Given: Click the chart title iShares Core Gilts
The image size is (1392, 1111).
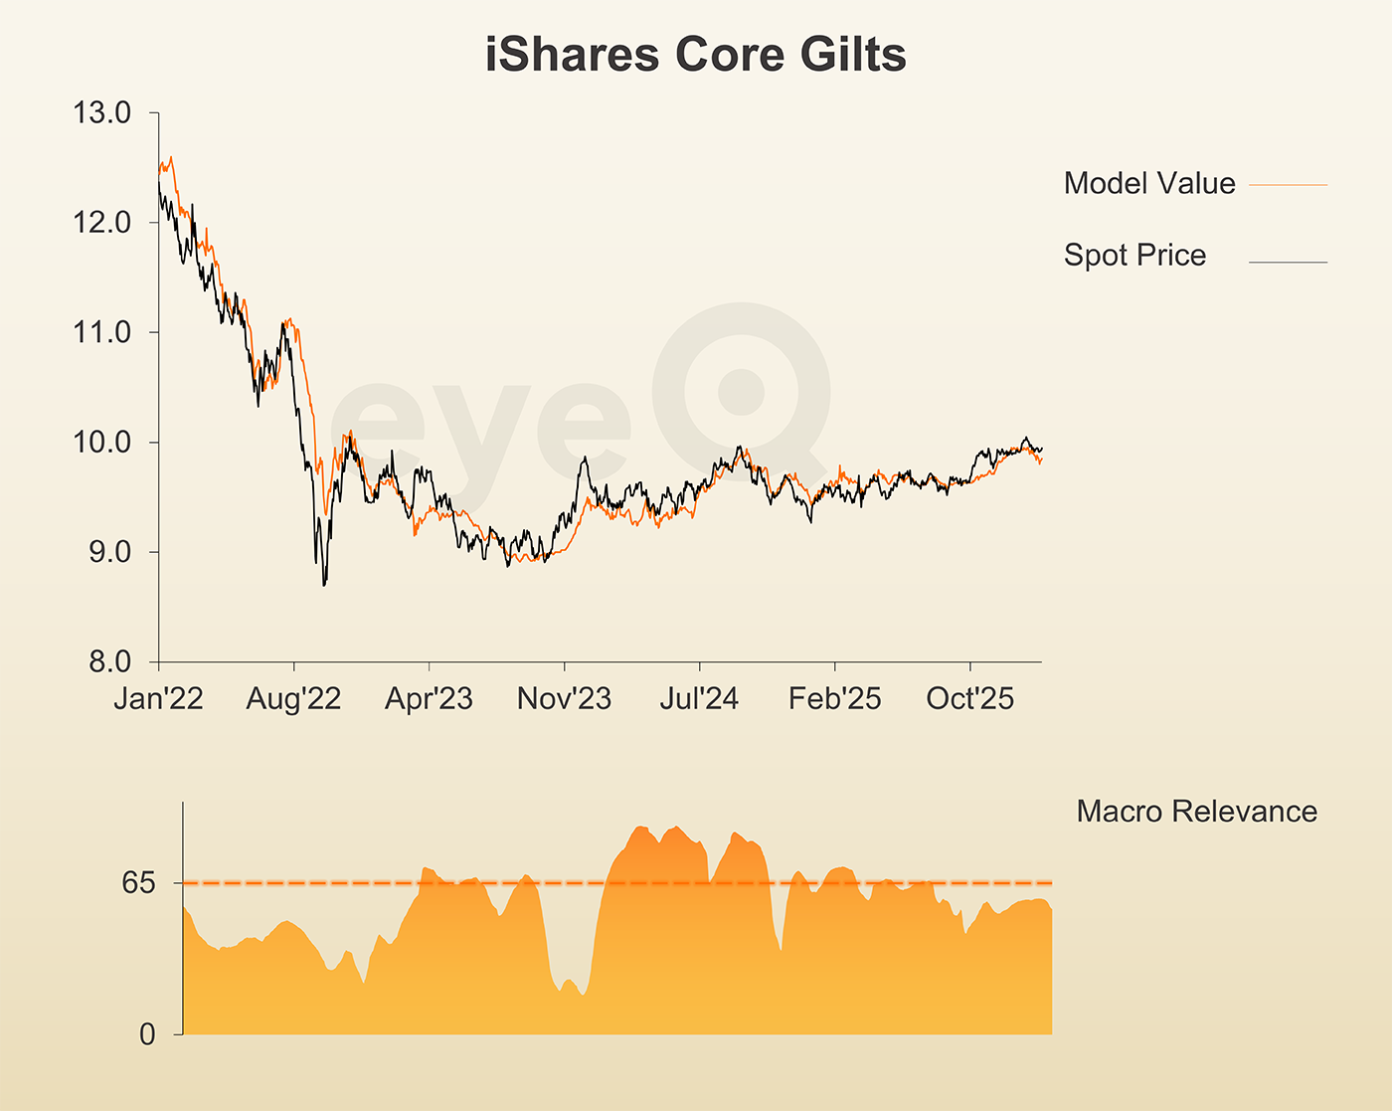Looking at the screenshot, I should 695,54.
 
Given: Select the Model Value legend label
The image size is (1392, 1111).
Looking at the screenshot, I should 1149,183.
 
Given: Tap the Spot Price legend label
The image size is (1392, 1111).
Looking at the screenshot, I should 1134,255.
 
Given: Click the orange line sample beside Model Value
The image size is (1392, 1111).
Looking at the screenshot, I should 1288,185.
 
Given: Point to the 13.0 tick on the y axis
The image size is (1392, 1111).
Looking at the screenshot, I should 102,112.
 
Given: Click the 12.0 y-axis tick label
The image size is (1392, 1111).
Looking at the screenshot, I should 102,222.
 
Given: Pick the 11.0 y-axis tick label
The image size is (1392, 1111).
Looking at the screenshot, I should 102,332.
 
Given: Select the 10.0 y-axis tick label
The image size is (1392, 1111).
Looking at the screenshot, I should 102,442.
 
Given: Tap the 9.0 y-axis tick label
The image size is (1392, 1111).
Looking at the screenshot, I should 109,552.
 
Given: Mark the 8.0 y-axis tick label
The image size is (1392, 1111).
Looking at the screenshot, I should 109,661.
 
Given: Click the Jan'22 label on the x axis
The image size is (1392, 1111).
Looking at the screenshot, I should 158,698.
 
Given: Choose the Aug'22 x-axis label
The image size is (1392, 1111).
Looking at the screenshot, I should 293,698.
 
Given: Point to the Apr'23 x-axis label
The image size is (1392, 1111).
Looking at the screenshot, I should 429,698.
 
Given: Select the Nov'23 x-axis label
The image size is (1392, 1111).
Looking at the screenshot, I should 564,698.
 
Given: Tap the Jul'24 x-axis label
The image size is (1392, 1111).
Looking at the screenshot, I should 699,698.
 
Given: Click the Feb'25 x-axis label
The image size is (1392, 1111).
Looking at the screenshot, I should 834,698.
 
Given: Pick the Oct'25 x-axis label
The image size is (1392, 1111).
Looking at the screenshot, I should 969,698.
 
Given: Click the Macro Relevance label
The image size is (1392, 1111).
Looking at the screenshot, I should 1196,812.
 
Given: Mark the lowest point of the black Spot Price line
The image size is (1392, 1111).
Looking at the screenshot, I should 324,585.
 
